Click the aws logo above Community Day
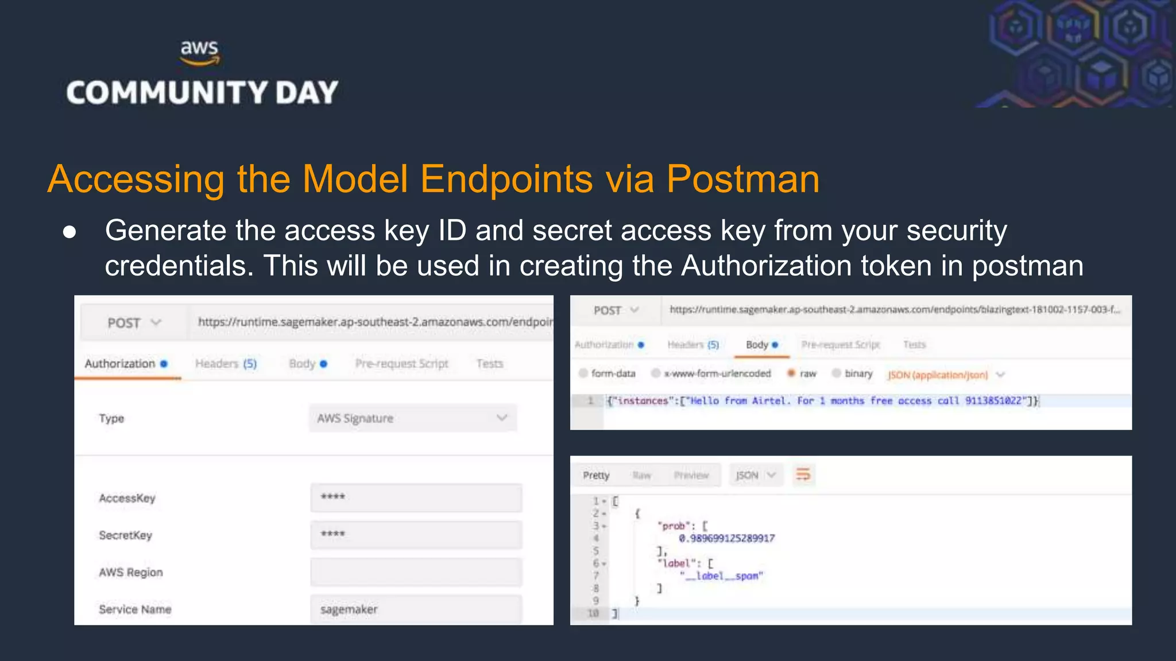tap(199, 52)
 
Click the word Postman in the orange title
tap(742, 179)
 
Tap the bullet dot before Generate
tap(69, 232)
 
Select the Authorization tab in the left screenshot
tap(121, 364)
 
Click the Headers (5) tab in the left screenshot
tap(226, 364)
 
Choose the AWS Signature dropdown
tap(412, 418)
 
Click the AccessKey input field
tap(416, 497)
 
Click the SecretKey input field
tap(416, 535)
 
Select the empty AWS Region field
tap(416, 572)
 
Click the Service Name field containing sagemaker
tap(416, 609)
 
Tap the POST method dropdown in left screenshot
tap(134, 323)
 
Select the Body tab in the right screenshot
tap(761, 345)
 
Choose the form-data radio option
tap(583, 374)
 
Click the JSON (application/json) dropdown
tap(945, 375)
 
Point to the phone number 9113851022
tap(993, 401)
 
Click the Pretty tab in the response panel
tap(596, 475)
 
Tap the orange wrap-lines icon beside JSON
tap(803, 475)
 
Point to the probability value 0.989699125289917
tap(726, 538)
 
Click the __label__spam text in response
tap(721, 576)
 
